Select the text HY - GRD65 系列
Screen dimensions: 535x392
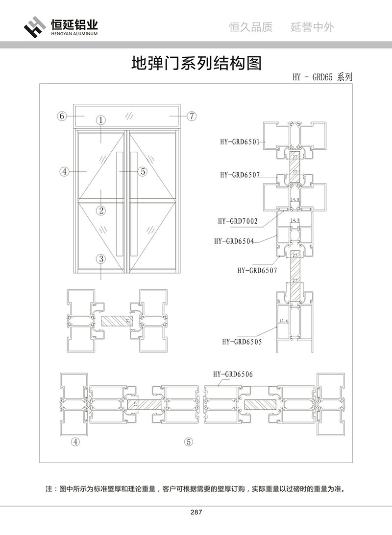click(x=322, y=77)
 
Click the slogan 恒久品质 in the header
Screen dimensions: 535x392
click(x=251, y=27)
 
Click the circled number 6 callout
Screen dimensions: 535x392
click(x=61, y=116)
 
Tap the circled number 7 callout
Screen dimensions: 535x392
click(x=192, y=116)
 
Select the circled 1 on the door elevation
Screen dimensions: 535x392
click(x=100, y=120)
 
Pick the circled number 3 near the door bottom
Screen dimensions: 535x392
click(x=100, y=259)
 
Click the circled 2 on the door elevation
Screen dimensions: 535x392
click(x=100, y=211)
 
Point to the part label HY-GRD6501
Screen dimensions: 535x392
click(x=240, y=142)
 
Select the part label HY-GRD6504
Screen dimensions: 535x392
click(x=234, y=241)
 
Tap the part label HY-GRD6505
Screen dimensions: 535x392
click(x=242, y=342)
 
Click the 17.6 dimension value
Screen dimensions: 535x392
click(x=284, y=322)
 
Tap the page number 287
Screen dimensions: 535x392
click(x=196, y=512)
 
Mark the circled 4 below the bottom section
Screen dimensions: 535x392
click(x=75, y=442)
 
